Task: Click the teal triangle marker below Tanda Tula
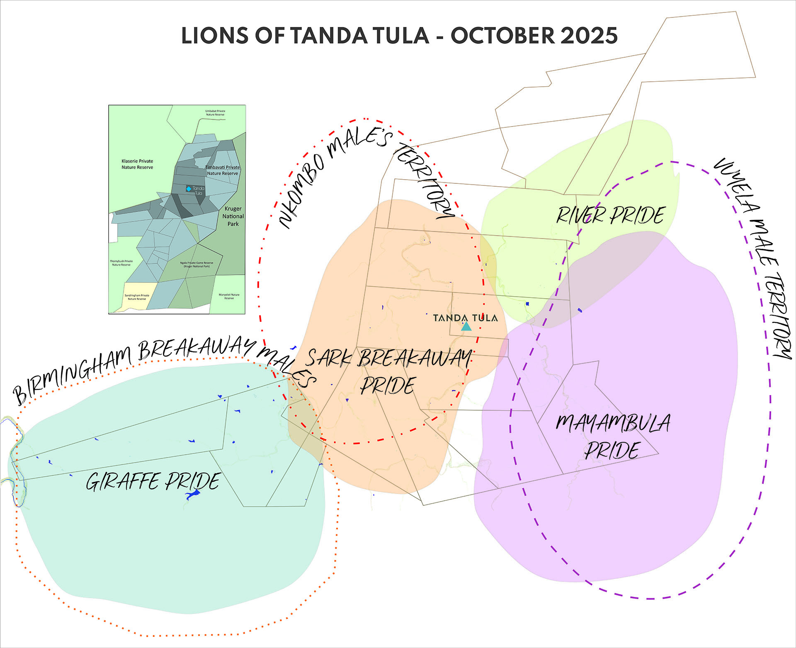(466, 326)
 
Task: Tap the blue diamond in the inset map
(189, 189)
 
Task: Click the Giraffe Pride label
(153, 481)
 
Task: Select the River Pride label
(610, 215)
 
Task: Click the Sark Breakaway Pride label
(388, 372)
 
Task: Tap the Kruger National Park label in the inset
(233, 216)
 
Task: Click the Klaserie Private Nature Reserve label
(137, 164)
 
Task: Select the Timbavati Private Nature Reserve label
(223, 170)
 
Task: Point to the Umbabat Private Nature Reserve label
(215, 113)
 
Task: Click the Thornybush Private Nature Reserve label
(121, 263)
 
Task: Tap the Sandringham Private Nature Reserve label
(137, 297)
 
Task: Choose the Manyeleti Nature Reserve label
(229, 296)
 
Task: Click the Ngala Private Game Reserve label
(197, 264)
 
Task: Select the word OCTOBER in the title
(502, 36)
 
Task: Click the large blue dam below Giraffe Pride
(193, 495)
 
